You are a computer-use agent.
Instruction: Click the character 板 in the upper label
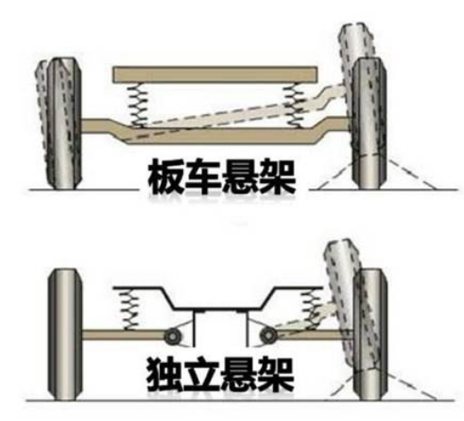pyautogui.click(x=166, y=176)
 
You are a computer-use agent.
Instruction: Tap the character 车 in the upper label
pyautogui.click(x=203, y=176)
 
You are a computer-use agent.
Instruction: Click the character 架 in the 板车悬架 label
pyautogui.click(x=278, y=176)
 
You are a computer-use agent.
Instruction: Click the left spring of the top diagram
pyautogui.click(x=137, y=104)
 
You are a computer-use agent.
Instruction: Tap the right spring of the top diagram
pyautogui.click(x=294, y=105)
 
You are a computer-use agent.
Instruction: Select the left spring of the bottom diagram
pyautogui.click(x=128, y=310)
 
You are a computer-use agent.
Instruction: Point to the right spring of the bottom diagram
pyautogui.click(x=311, y=310)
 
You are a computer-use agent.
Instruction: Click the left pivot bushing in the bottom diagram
pyautogui.click(x=172, y=336)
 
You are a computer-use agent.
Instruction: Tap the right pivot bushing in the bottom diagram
pyautogui.click(x=269, y=336)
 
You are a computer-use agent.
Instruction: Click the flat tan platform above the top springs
pyautogui.click(x=215, y=74)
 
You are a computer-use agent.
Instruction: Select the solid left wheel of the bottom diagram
pyautogui.click(x=64, y=334)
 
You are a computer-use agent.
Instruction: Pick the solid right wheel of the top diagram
pyautogui.click(x=369, y=123)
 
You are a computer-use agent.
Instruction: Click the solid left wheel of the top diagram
pyautogui.click(x=64, y=123)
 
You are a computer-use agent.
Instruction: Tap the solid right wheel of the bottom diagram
pyautogui.click(x=370, y=334)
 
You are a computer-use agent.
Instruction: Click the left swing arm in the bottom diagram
pyautogui.click(x=123, y=334)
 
